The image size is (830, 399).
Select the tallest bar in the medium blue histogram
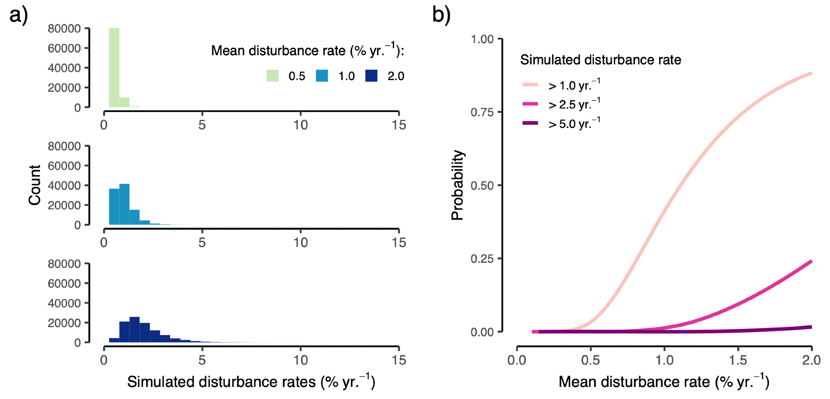tap(124, 204)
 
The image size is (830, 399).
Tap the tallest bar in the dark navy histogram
tap(134, 330)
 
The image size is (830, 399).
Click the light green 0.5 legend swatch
tap(272, 76)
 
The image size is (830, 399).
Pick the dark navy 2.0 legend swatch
tap(371, 76)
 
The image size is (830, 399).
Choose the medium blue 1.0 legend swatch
tap(322, 76)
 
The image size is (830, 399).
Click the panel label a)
tap(19, 16)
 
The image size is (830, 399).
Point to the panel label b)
tap(441, 15)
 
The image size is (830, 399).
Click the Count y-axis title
tap(35, 185)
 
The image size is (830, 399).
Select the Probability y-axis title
tap(457, 185)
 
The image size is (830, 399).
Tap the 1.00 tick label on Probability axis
tap(482, 39)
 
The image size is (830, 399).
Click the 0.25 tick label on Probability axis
tap(482, 259)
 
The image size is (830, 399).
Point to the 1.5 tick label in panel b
tap(738, 360)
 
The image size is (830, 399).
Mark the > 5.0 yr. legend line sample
tap(530, 123)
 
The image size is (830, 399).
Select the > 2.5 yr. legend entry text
tap(574, 104)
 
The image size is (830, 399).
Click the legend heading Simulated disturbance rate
tap(601, 60)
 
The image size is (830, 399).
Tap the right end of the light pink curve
tap(810, 73)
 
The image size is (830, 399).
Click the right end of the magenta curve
tap(810, 262)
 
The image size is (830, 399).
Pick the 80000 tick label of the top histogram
tap(64, 29)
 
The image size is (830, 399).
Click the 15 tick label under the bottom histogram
tap(399, 360)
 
